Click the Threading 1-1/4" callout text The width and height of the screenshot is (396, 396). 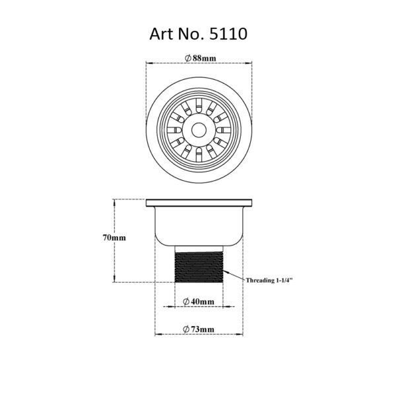click(x=269, y=280)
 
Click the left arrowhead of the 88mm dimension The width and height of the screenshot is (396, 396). click(x=147, y=63)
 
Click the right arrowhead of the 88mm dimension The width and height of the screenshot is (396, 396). click(x=251, y=63)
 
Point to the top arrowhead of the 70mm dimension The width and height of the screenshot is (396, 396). click(x=116, y=201)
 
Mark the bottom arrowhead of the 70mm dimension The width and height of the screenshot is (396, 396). click(x=116, y=280)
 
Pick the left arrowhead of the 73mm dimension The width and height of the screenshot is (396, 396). click(x=158, y=335)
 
